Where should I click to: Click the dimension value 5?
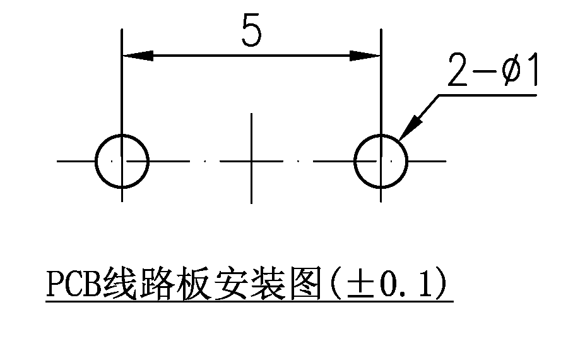coord(252,30)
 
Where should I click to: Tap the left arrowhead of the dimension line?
coord(138,56)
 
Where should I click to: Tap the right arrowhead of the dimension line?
coord(365,56)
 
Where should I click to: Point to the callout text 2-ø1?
coord(492,70)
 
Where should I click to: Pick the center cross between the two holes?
coord(251,160)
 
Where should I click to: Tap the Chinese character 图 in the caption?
coord(305,283)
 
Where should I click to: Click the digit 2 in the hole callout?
coord(458,70)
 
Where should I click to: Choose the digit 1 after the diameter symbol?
coord(532,69)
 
